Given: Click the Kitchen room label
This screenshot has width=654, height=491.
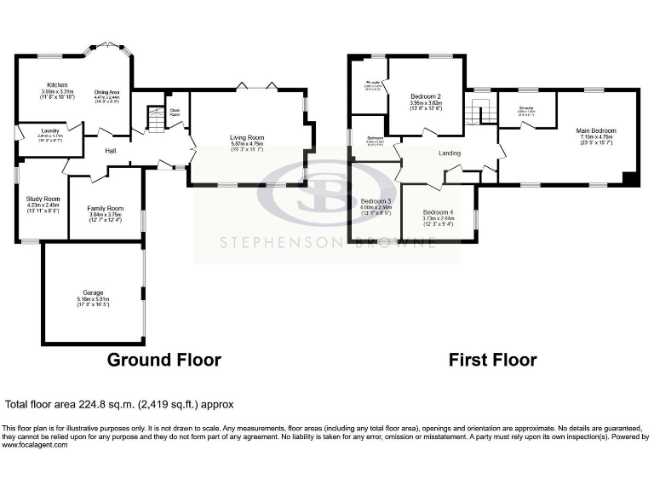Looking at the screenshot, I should pyautogui.click(x=57, y=85).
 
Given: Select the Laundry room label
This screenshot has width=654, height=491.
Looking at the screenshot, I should pyautogui.click(x=39, y=130).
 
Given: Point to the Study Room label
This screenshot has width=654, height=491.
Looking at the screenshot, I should pyautogui.click(x=42, y=199).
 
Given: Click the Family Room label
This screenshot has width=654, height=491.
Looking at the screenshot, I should pyautogui.click(x=106, y=208).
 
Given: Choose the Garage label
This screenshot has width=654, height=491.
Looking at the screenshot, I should pyautogui.click(x=93, y=292).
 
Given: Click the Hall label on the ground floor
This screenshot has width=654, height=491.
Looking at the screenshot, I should pyautogui.click(x=111, y=151).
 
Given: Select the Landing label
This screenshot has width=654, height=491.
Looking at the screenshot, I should pyautogui.click(x=450, y=153).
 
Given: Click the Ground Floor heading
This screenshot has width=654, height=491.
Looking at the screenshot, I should pyautogui.click(x=163, y=360).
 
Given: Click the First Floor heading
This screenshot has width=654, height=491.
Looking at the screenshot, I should pyautogui.click(x=492, y=360).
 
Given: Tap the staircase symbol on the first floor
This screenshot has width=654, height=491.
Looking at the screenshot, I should pyautogui.click(x=480, y=110).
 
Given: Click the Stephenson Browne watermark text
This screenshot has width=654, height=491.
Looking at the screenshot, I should pyautogui.click(x=328, y=242).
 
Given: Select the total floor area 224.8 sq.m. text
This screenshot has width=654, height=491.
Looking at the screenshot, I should pyautogui.click(x=119, y=405).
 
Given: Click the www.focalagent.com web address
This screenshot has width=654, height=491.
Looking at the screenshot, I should pyautogui.click(x=32, y=444).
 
